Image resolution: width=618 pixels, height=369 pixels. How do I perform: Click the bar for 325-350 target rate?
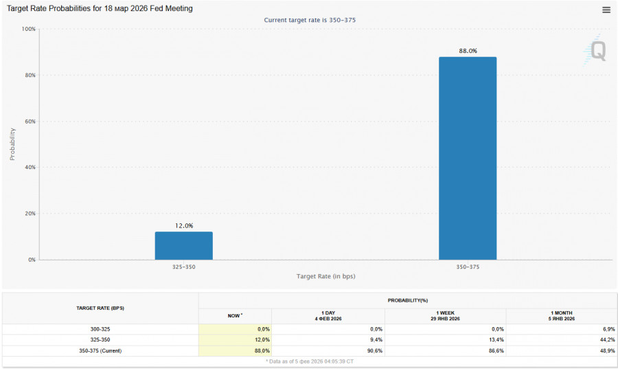[183, 245]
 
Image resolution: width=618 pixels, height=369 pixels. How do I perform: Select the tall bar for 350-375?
[468, 158]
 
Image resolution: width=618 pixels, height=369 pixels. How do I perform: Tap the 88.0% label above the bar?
[468, 51]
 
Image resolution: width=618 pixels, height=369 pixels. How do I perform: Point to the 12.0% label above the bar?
[184, 225]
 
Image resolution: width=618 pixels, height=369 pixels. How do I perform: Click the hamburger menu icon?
[606, 10]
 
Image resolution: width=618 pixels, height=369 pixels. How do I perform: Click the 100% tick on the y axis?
[29, 30]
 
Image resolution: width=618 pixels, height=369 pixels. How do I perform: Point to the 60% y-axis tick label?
[30, 122]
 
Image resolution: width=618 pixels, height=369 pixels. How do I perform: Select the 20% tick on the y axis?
[30, 214]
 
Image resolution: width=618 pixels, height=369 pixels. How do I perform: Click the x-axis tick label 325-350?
[183, 266]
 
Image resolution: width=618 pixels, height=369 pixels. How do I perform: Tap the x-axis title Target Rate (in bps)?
[325, 276]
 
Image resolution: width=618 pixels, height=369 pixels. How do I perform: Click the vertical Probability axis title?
[12, 144]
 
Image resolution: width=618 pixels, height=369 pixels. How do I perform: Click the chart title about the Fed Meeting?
[100, 9]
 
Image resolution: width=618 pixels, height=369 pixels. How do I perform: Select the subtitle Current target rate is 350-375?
[310, 20]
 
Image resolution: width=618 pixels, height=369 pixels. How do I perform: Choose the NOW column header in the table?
[235, 315]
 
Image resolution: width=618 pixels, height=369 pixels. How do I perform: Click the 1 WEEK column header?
[445, 315]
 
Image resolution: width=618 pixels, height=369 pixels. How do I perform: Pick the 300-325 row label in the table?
[100, 329]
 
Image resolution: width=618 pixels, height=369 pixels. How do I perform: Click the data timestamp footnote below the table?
[310, 361]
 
